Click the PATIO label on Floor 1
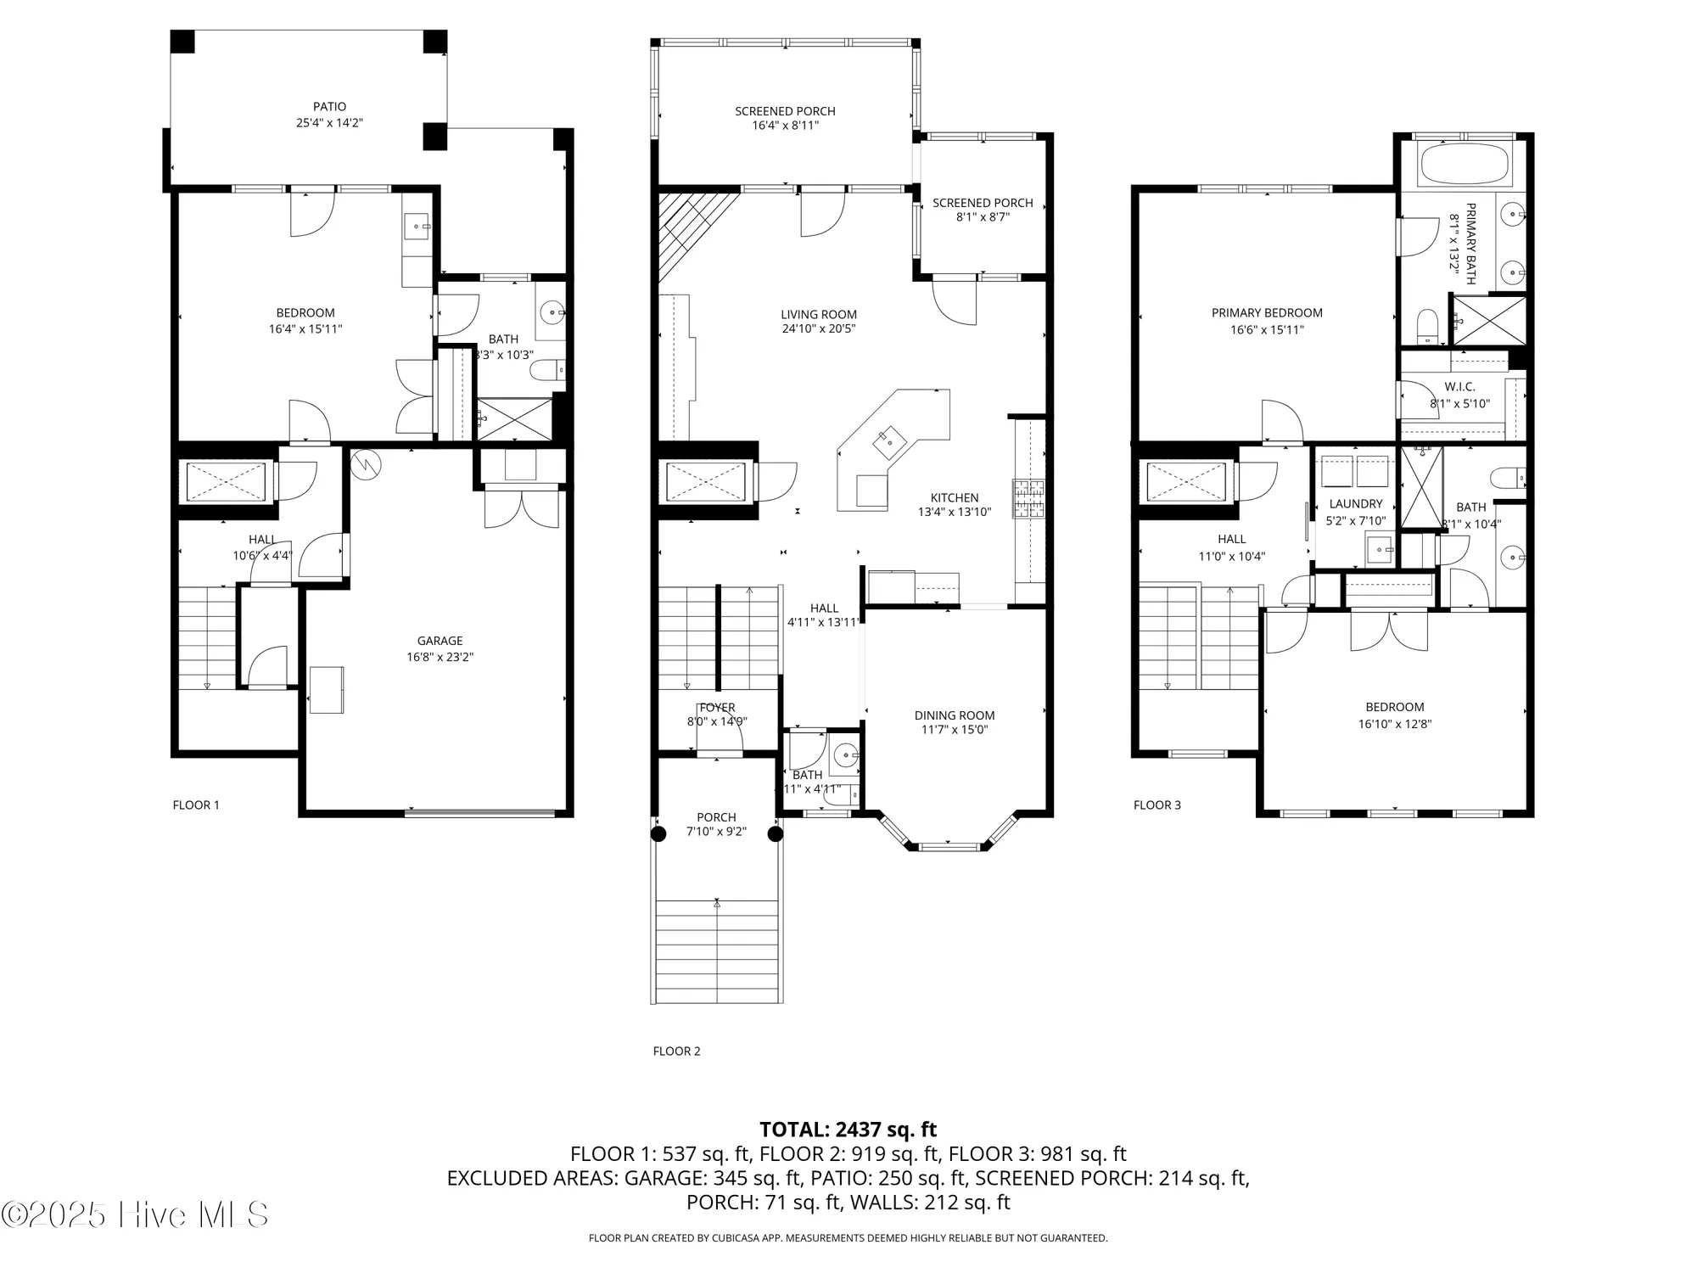[329, 107]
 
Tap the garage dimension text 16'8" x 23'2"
[440, 657]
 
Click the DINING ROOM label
[955, 715]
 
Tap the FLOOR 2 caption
[676, 1051]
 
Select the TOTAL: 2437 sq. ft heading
[848, 1130]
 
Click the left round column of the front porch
[658, 834]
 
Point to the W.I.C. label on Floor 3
[1459, 387]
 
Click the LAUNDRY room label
[1356, 504]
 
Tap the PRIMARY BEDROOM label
[1267, 313]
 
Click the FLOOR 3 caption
[1157, 805]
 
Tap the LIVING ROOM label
[819, 314]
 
